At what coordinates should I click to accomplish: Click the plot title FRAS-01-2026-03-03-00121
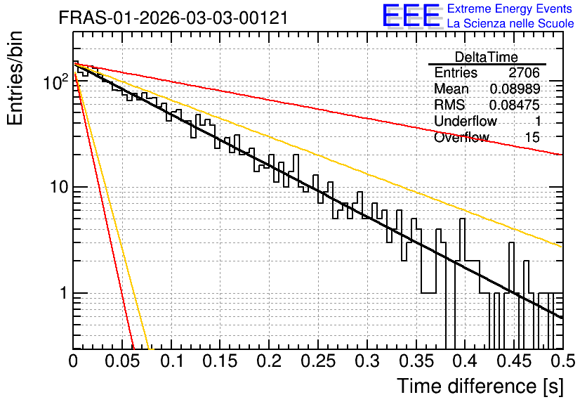(173, 18)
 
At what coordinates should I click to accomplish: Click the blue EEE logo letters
(411, 15)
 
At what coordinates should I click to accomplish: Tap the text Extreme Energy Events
(510, 8)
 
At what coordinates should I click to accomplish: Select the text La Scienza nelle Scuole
(510, 23)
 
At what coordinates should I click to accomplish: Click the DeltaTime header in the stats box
(487, 57)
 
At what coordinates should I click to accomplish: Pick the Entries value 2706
(524, 72)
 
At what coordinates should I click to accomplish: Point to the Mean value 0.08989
(515, 89)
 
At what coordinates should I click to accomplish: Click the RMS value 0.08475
(515, 105)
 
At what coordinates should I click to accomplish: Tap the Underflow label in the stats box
(466, 121)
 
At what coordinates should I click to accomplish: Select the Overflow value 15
(532, 137)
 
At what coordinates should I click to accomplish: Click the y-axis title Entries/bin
(15, 78)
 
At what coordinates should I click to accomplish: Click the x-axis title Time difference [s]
(480, 386)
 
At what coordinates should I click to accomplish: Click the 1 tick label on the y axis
(64, 292)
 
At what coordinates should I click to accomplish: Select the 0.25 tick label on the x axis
(318, 361)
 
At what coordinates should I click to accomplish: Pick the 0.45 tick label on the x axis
(514, 361)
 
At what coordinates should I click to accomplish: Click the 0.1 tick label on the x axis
(172, 361)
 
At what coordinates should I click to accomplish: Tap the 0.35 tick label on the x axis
(416, 361)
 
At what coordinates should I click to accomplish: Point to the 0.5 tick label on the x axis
(562, 361)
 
